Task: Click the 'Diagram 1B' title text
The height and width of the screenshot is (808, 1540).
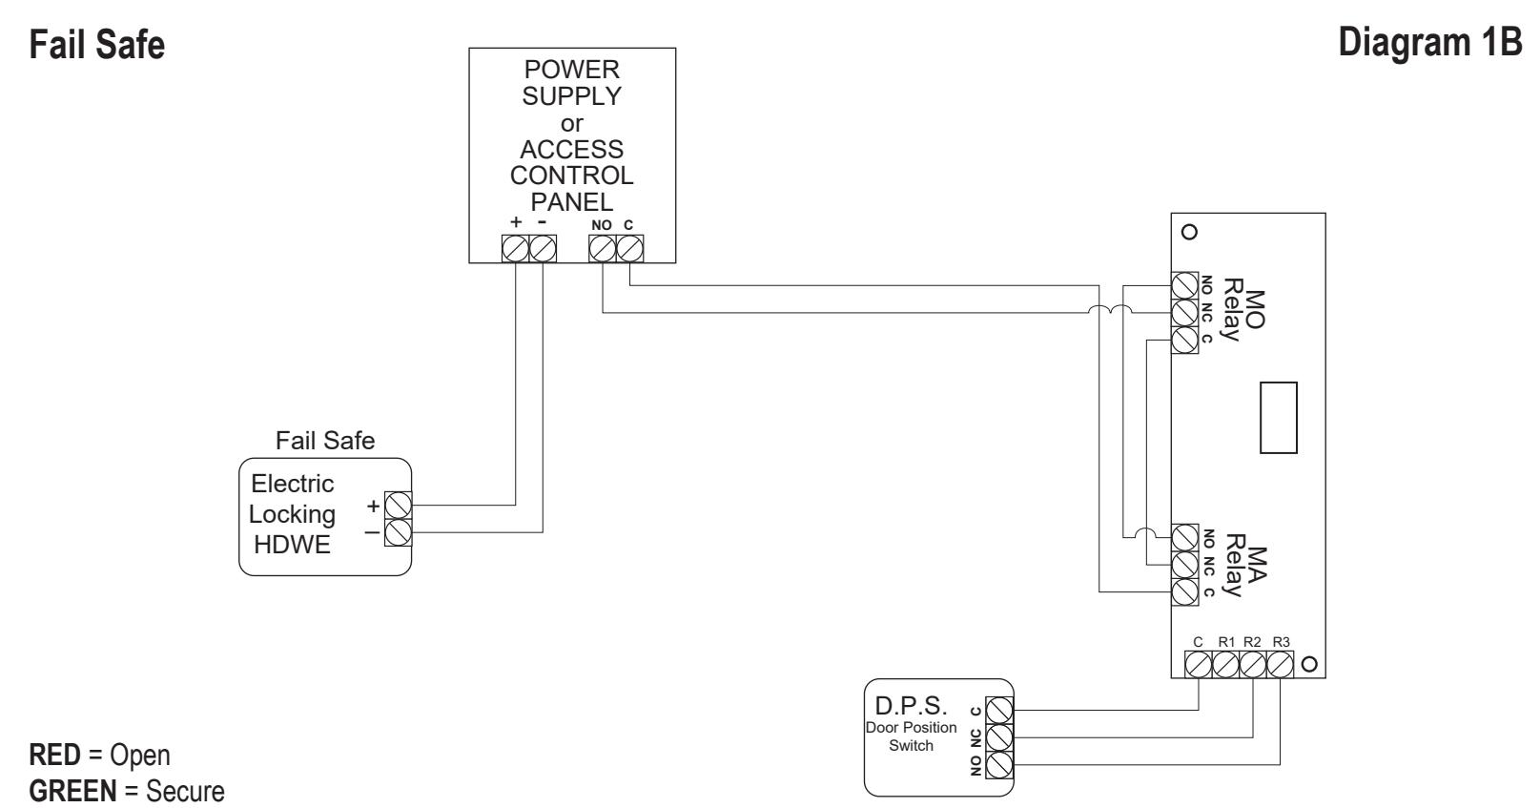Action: pyautogui.click(x=1430, y=43)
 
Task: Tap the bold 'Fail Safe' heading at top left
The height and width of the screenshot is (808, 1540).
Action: pyautogui.click(x=97, y=45)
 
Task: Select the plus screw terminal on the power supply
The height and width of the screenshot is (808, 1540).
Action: pyautogui.click(x=515, y=248)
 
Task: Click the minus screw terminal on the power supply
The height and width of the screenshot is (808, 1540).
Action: pyautogui.click(x=543, y=248)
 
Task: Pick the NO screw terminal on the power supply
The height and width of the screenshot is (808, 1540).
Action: pyautogui.click(x=603, y=248)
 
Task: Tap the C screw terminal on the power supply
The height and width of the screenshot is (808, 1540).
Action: pyautogui.click(x=629, y=248)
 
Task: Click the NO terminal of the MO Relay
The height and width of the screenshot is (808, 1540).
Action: pyautogui.click(x=1184, y=285)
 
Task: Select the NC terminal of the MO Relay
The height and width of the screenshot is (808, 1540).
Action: pyautogui.click(x=1184, y=312)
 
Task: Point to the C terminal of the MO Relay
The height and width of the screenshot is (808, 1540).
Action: pyautogui.click(x=1184, y=340)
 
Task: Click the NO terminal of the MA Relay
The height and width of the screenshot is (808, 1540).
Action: pyautogui.click(x=1184, y=538)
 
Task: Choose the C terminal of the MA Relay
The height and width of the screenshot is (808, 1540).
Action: pyautogui.click(x=1184, y=592)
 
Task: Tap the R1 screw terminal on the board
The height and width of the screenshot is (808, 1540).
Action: pyautogui.click(x=1226, y=665)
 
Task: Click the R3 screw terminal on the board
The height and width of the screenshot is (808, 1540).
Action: pyautogui.click(x=1280, y=665)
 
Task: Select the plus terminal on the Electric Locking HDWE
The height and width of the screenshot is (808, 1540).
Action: pyautogui.click(x=398, y=506)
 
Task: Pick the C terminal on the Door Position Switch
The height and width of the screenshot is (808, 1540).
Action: pyautogui.click(x=999, y=711)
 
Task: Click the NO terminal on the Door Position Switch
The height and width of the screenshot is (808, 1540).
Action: pyautogui.click(x=999, y=765)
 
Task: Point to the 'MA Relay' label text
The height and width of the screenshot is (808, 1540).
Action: pyautogui.click(x=1245, y=566)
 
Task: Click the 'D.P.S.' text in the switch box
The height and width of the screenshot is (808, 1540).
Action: pyautogui.click(x=911, y=706)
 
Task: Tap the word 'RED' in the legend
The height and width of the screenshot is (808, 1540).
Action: pyautogui.click(x=55, y=755)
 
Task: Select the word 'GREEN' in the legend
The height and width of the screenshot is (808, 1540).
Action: pyautogui.click(x=72, y=791)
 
